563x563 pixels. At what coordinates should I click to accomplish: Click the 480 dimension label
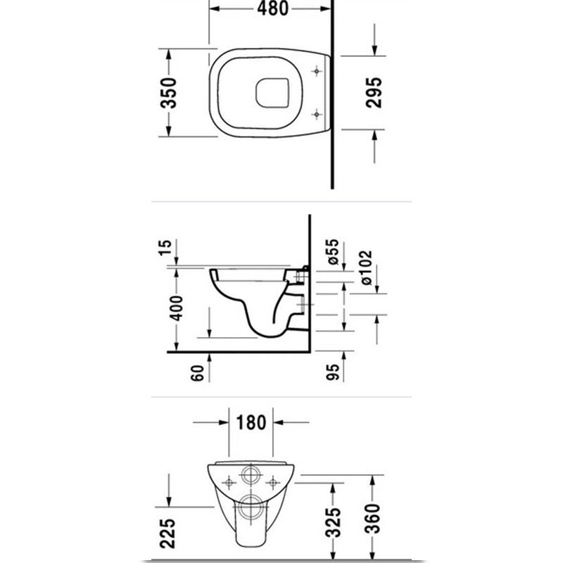(x=272, y=8)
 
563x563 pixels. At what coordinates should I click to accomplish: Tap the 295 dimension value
(x=374, y=93)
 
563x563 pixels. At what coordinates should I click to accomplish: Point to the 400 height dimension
(x=177, y=308)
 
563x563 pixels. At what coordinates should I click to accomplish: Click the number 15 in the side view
(x=165, y=248)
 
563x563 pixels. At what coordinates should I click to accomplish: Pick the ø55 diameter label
(x=333, y=252)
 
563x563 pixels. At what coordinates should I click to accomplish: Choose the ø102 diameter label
(x=366, y=268)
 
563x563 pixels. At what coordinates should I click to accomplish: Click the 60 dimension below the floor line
(x=198, y=373)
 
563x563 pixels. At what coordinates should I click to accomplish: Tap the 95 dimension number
(x=333, y=372)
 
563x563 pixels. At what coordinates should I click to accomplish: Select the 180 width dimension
(x=251, y=422)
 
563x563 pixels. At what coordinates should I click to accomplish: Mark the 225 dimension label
(x=167, y=533)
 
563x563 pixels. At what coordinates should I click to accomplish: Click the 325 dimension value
(x=333, y=522)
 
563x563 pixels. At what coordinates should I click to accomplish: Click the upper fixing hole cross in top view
(x=316, y=72)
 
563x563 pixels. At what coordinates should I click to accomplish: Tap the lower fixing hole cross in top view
(x=316, y=115)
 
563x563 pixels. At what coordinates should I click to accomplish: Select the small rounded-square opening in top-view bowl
(x=272, y=93)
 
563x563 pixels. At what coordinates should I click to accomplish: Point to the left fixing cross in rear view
(x=229, y=482)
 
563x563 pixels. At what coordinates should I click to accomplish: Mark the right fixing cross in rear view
(x=273, y=482)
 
